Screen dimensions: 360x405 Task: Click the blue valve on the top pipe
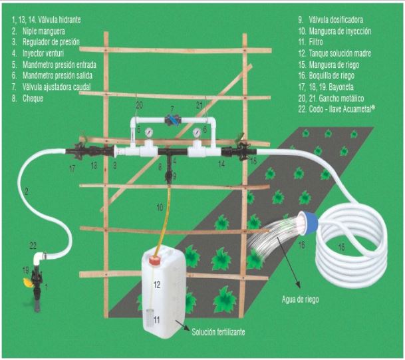click(173, 120)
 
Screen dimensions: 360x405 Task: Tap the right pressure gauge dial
click(198, 132)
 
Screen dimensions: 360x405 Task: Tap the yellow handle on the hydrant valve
click(26, 281)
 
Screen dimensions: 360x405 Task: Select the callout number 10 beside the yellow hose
click(160, 208)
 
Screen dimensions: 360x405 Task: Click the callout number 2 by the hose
click(26, 191)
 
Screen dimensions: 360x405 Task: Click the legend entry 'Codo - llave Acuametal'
click(346, 109)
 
